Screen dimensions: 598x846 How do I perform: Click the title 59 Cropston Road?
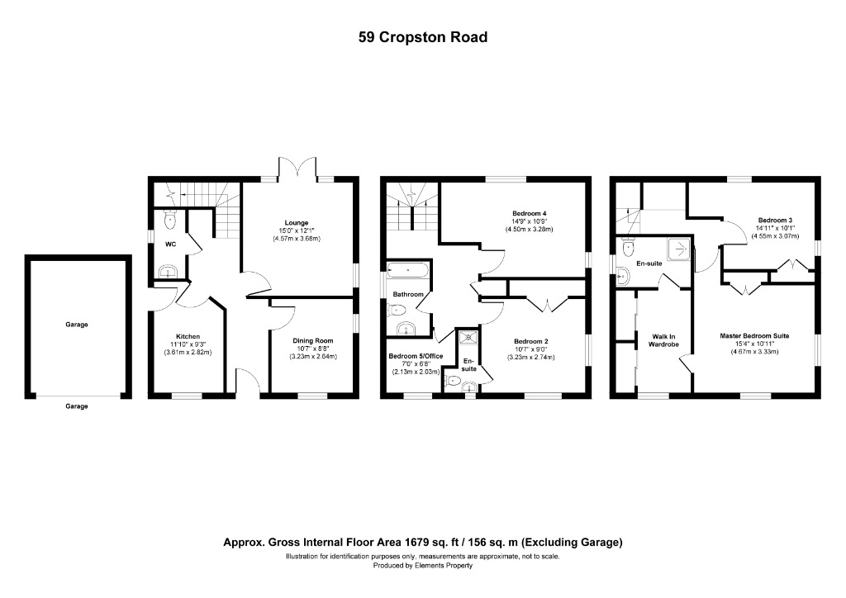tap(422, 37)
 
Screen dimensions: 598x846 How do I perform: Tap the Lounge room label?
tap(296, 222)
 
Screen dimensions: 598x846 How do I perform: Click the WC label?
tap(170, 244)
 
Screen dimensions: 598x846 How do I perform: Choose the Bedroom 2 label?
tap(531, 341)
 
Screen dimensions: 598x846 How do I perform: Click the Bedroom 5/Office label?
tap(416, 356)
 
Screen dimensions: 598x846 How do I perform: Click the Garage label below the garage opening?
tap(77, 406)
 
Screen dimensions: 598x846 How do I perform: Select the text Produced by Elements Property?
tap(422, 566)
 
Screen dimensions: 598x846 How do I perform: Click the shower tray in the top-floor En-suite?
tap(677, 245)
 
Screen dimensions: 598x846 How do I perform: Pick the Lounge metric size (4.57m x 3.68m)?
tap(296, 239)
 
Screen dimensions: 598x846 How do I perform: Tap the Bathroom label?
tap(407, 294)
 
